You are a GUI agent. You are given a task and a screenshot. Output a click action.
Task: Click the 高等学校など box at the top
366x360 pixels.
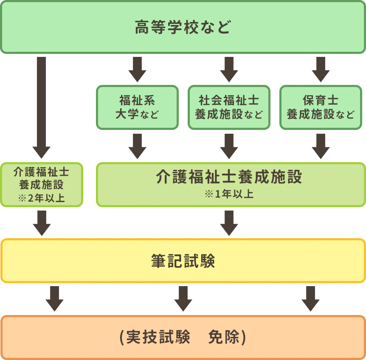(x=183, y=27)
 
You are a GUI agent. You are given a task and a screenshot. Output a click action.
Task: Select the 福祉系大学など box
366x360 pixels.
(x=137, y=107)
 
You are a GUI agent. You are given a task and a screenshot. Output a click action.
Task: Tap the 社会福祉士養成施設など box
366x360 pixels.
(x=228, y=107)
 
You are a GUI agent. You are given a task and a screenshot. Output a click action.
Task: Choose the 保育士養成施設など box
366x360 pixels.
(x=321, y=107)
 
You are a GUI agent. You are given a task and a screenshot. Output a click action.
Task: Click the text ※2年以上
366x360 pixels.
(x=41, y=198)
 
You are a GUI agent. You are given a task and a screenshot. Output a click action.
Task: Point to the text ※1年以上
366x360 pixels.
(x=229, y=194)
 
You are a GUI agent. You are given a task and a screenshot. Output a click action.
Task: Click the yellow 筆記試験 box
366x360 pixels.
(x=183, y=261)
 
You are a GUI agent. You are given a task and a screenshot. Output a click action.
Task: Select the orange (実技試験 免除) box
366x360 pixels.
(x=183, y=337)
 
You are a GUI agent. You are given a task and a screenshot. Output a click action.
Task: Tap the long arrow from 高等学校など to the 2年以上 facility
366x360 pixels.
(x=41, y=106)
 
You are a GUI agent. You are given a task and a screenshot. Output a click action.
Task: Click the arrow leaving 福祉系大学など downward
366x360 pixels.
(x=137, y=146)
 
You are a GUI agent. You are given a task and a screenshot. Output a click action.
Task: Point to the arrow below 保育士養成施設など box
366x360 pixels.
(x=321, y=146)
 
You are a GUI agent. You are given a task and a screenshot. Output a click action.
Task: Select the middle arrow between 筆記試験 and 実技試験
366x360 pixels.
(x=183, y=299)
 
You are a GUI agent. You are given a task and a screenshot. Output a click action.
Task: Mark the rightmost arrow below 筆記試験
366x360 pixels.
(x=310, y=299)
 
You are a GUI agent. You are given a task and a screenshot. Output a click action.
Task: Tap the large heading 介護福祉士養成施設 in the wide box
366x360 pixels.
(x=229, y=177)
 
